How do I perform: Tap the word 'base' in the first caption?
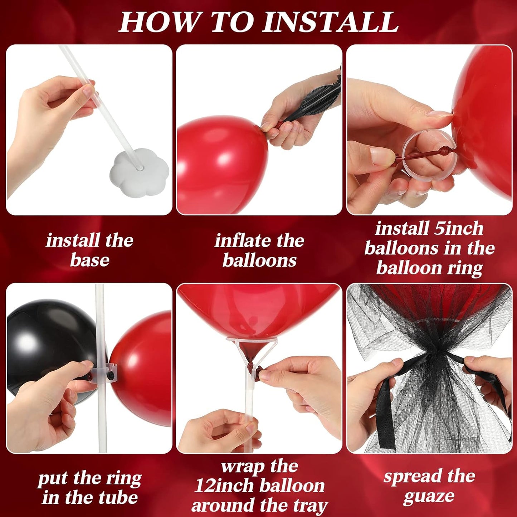coord(89,260)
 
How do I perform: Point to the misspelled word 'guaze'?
coord(429,497)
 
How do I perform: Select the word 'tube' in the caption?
coord(118,498)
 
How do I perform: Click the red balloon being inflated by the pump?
coord(218,165)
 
